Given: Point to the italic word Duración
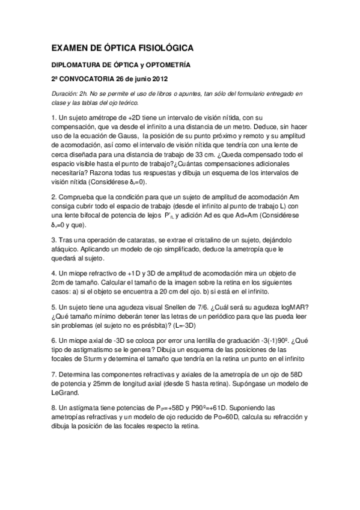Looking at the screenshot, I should pos(64,94).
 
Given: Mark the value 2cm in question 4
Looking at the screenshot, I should pos(59,284).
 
